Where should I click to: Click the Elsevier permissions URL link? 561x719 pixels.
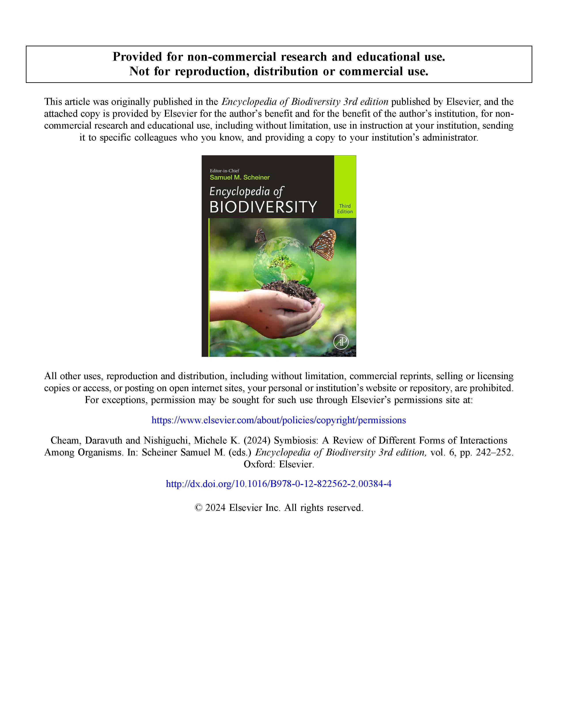click(x=279, y=420)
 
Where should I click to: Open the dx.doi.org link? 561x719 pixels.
click(x=279, y=484)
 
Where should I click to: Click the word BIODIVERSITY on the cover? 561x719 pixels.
click(x=263, y=207)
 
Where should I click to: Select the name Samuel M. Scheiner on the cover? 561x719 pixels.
click(x=240, y=178)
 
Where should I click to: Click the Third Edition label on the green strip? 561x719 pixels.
click(x=345, y=209)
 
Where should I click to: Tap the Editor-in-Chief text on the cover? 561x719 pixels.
click(x=224, y=170)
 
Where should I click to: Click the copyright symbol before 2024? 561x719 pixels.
click(x=198, y=508)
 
